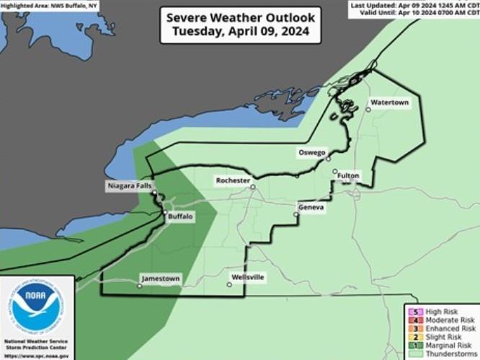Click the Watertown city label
(390, 103)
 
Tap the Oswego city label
(313, 152)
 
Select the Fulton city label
(346, 175)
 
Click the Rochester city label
(233, 180)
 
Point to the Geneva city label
(311, 208)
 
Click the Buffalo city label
(180, 216)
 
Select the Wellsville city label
(248, 277)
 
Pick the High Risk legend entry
(440, 311)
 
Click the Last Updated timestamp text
(415, 4)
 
